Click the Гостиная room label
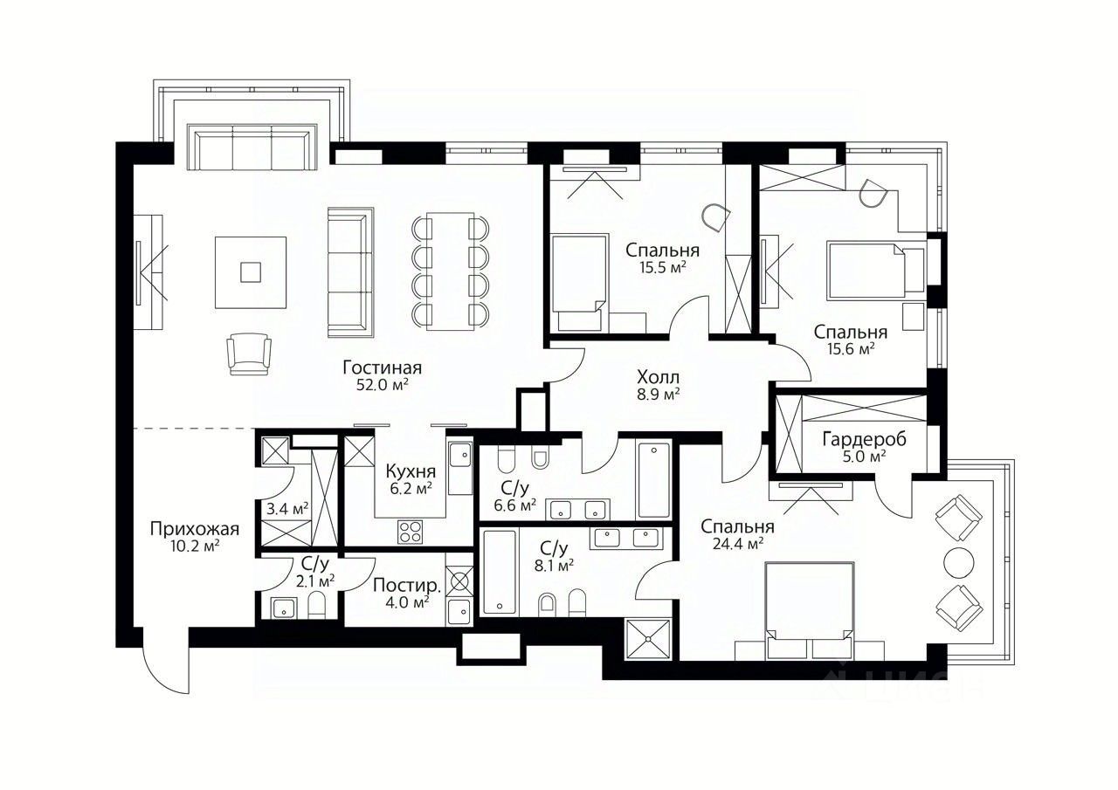point(383,368)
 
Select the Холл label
point(659,376)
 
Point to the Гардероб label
point(865,439)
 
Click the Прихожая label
point(195,529)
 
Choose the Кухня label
point(411,471)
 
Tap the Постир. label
point(407,585)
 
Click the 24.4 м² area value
point(738,544)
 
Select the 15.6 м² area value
point(851,349)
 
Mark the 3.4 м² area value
point(287,509)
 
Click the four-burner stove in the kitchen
point(410,532)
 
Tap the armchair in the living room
point(249,354)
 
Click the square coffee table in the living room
point(251,273)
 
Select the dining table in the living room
point(451,271)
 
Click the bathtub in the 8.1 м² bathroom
point(500,572)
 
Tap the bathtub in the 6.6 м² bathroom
point(654,480)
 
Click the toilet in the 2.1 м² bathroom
point(316,606)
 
